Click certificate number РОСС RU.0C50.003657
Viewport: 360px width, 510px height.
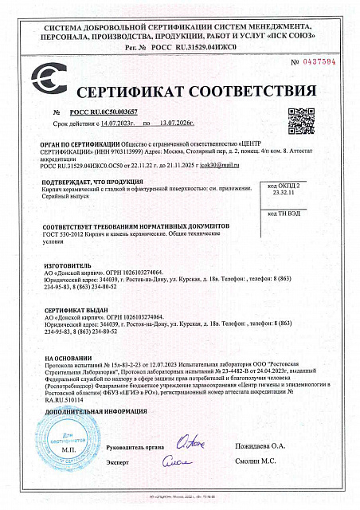[104, 114]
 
